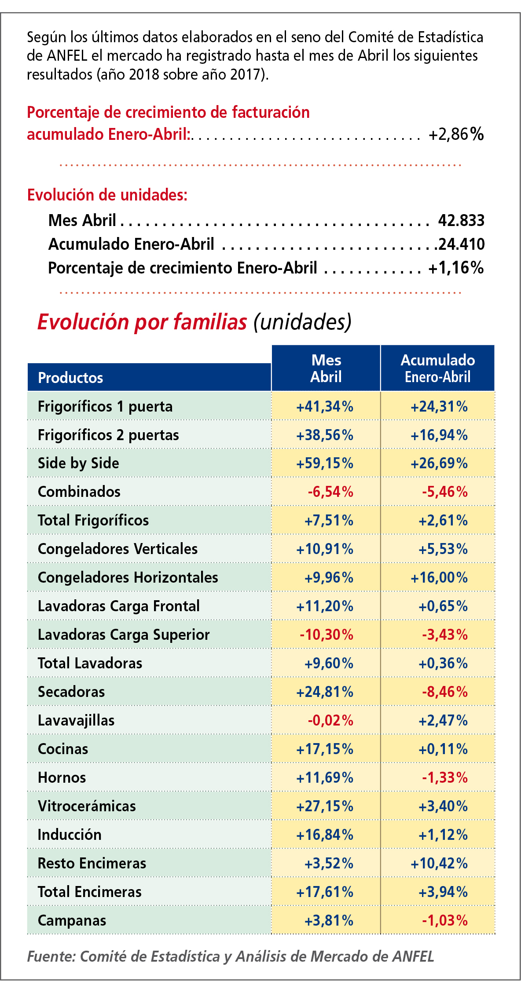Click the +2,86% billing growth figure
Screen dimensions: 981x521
[x=456, y=134]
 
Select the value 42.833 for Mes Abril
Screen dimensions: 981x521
[x=461, y=220]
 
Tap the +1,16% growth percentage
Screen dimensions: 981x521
[x=456, y=268]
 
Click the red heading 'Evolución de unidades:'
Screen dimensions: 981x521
[x=107, y=195]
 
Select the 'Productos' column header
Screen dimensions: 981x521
[x=70, y=378]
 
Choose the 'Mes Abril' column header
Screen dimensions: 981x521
[x=326, y=368]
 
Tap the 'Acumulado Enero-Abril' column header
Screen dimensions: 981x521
[x=437, y=368]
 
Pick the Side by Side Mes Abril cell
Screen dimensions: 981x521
[x=325, y=463]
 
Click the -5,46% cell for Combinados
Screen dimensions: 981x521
[x=444, y=492]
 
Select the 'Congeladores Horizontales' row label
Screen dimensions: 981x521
[x=128, y=577]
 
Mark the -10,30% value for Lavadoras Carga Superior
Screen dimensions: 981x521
[x=326, y=635]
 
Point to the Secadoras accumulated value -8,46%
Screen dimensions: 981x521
[x=444, y=692]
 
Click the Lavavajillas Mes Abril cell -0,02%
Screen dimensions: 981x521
[x=330, y=721]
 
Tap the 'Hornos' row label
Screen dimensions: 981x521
[x=62, y=777]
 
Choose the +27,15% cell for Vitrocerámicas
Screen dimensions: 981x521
[x=325, y=806]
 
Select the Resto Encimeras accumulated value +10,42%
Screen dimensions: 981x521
[x=439, y=864]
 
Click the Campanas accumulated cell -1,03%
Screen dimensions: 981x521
[x=444, y=921]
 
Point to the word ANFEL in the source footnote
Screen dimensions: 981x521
[x=413, y=957]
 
